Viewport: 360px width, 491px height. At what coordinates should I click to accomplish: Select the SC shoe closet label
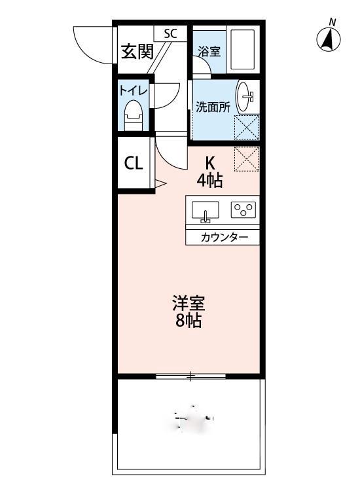click(x=170, y=33)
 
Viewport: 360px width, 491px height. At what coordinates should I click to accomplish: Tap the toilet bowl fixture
click(x=134, y=116)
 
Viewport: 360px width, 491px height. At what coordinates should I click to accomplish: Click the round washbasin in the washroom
click(x=247, y=97)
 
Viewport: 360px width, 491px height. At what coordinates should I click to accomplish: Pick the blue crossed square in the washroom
click(x=247, y=126)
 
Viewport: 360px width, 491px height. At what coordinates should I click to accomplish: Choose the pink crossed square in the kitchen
click(x=247, y=158)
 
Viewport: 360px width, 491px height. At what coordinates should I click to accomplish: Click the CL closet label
click(x=134, y=164)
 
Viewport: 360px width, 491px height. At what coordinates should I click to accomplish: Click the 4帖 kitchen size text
click(x=211, y=179)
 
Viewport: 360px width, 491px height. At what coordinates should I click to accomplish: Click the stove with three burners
click(x=243, y=209)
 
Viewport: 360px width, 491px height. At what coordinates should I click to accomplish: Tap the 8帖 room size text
click(x=189, y=321)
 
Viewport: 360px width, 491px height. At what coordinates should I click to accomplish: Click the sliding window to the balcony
click(x=191, y=376)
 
